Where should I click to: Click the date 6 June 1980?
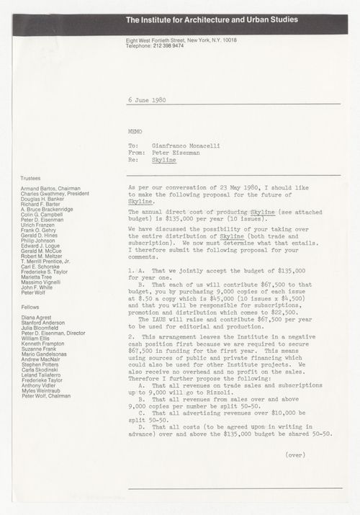(x=146, y=99)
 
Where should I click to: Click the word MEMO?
(x=135, y=133)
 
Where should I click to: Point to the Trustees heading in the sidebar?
(x=33, y=176)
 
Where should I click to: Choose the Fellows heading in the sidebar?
(x=32, y=308)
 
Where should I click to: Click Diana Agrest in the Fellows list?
(x=38, y=320)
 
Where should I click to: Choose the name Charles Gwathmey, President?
(x=58, y=194)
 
